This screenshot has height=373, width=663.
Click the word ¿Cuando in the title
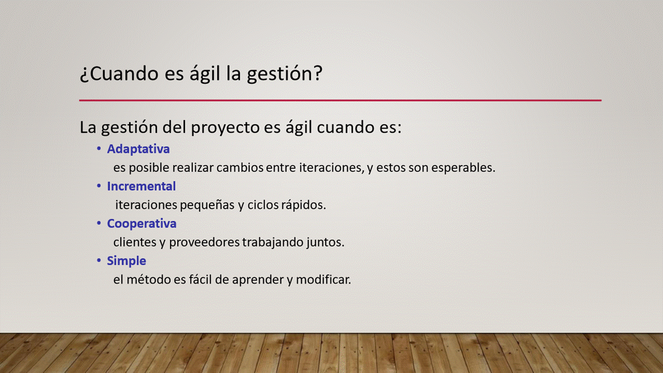point(119,74)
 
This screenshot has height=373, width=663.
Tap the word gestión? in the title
point(285,74)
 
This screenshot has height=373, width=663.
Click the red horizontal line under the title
point(340,101)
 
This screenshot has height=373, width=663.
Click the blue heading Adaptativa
point(138,149)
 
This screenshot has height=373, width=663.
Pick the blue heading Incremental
point(141,186)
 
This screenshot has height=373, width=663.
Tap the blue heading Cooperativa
point(142,223)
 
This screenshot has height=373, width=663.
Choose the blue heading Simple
point(126,261)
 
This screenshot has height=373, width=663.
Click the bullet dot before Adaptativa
point(99,148)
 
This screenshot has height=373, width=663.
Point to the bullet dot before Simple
point(99,260)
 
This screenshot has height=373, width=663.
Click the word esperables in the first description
point(463,168)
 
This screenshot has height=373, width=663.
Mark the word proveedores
point(204,242)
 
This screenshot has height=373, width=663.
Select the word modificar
point(324,279)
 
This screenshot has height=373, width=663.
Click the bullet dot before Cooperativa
point(99,223)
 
